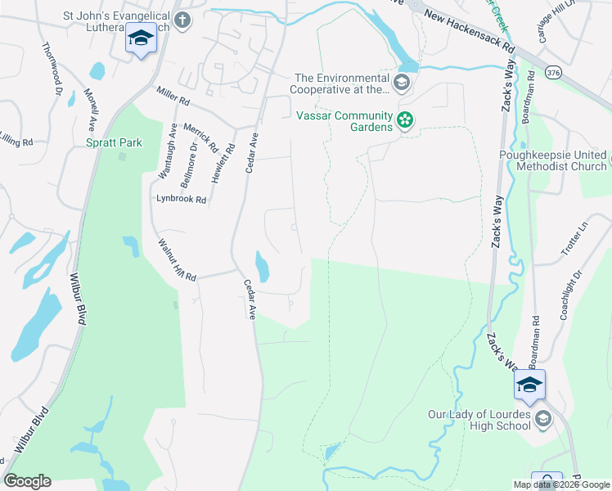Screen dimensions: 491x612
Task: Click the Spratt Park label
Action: (115, 142)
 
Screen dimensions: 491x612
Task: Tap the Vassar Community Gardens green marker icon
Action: (405, 122)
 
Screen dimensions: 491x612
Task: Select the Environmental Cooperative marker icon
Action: (402, 82)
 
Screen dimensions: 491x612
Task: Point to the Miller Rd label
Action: (173, 101)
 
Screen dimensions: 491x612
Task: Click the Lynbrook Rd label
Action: (182, 198)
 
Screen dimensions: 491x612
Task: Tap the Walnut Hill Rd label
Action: (178, 261)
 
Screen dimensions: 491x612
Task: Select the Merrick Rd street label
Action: (200, 139)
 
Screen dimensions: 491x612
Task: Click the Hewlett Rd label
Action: (220, 163)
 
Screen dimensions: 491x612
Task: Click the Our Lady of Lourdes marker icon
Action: (542, 420)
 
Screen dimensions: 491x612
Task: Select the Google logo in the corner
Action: (27, 481)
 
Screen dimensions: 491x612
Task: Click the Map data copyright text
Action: (561, 484)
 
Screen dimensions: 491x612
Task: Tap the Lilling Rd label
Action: (16, 142)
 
